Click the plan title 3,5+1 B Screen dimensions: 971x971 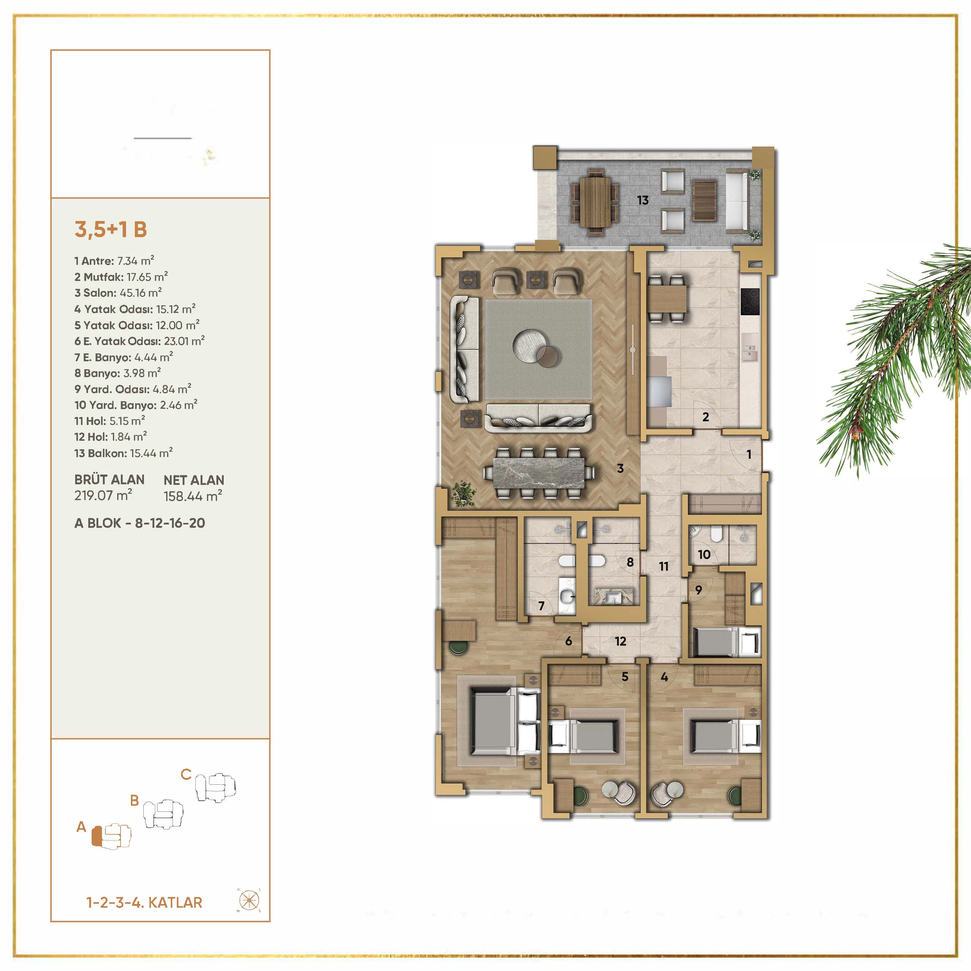110,230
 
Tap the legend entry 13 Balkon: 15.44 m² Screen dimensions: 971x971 123,453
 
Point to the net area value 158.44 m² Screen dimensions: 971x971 192,496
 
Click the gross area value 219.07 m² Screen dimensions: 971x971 103,496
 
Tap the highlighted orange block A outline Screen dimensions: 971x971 97,836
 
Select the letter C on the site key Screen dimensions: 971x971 186,774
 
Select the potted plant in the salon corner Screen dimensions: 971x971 463,493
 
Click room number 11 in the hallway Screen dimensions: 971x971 664,566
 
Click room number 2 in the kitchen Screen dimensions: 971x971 706,417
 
